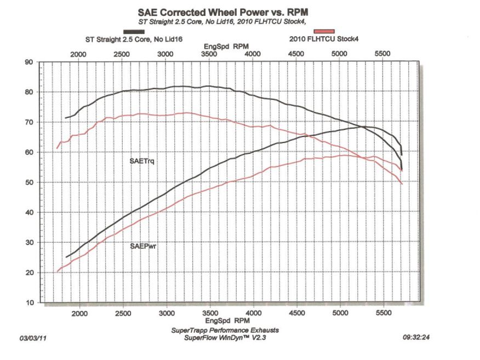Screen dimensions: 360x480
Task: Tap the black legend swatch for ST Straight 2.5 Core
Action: click(x=134, y=32)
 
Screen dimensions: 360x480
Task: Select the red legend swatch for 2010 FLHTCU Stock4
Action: click(x=324, y=32)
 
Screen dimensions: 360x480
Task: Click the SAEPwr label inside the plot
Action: click(x=141, y=247)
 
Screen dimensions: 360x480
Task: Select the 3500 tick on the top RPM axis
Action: click(x=209, y=54)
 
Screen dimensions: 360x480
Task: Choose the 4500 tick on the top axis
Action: click(x=296, y=54)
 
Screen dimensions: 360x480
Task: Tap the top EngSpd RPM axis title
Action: click(x=226, y=47)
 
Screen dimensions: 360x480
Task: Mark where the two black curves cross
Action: click(x=362, y=127)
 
